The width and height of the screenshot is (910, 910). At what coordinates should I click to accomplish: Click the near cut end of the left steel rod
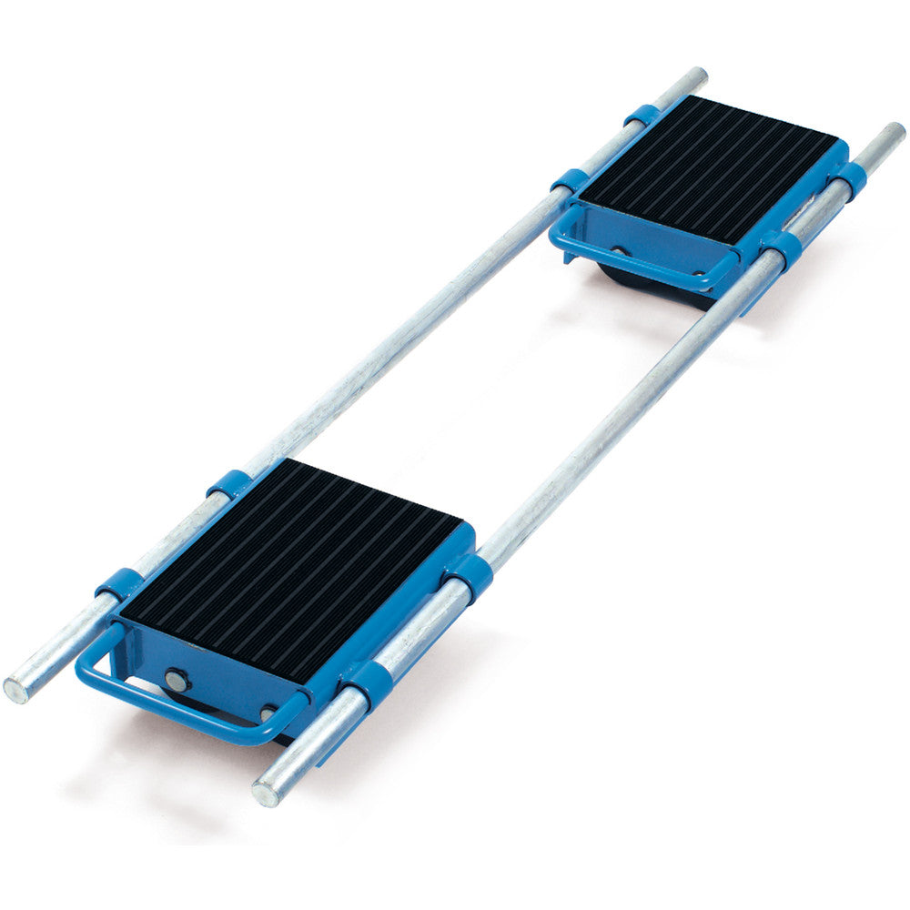(x=15, y=689)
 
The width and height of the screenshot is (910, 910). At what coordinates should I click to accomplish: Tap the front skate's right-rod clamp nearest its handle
(x=369, y=684)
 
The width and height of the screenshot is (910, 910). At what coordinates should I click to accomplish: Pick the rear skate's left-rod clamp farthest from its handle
(x=642, y=116)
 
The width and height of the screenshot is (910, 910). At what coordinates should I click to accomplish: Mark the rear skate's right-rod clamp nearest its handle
(x=779, y=244)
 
